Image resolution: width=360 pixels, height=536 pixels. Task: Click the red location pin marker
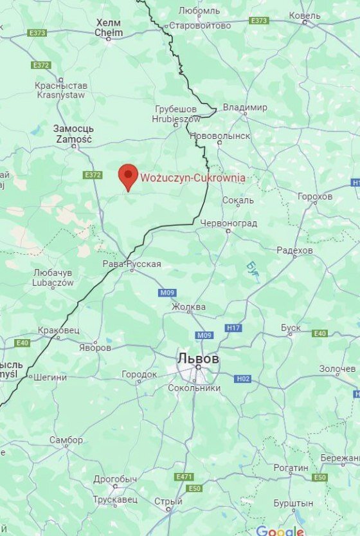[x=128, y=176]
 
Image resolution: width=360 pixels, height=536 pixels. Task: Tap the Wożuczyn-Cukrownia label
[x=192, y=178]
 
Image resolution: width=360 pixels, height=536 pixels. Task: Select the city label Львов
[x=199, y=358]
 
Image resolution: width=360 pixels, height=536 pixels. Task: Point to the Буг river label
[x=250, y=266]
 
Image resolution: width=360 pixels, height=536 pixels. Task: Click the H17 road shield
[x=233, y=328]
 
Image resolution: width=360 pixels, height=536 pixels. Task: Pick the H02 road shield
[x=242, y=379]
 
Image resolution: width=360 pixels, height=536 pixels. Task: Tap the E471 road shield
[x=184, y=477]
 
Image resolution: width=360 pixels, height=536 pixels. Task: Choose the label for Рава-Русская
[x=132, y=264]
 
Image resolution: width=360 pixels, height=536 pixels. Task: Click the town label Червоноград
[x=229, y=223]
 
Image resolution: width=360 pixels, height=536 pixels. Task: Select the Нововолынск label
[x=220, y=136]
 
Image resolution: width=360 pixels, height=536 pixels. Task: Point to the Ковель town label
[x=304, y=15]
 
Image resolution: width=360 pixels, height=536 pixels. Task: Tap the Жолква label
[x=188, y=307]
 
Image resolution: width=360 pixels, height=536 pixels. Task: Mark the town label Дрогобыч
[x=115, y=479]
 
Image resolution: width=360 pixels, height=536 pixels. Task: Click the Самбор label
[x=66, y=440]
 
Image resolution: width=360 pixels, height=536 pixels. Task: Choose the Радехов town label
[x=294, y=250]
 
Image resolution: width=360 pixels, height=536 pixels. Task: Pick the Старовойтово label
[x=199, y=26]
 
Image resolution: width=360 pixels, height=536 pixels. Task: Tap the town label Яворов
[x=96, y=347]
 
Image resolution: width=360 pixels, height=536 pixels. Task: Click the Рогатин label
[x=291, y=468]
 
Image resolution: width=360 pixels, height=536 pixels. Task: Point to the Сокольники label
[x=194, y=388]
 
